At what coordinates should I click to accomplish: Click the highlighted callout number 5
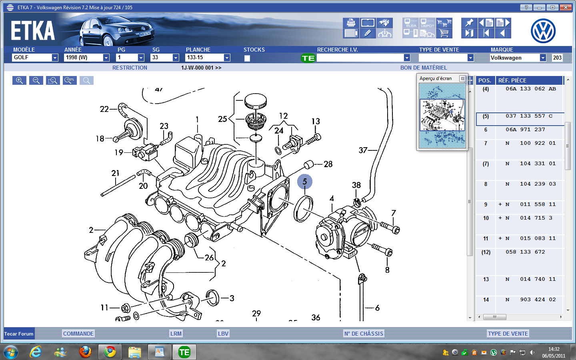point(305,182)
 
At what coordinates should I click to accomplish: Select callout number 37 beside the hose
point(363,150)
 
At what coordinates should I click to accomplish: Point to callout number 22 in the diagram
point(104,109)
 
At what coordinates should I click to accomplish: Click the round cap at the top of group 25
point(255,101)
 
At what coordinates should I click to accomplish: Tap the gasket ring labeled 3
point(213,297)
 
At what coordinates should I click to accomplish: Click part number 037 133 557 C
point(529,116)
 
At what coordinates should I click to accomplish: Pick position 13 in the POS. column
point(486,279)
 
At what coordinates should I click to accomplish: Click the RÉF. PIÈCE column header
point(512,80)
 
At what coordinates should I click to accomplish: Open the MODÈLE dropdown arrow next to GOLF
point(55,58)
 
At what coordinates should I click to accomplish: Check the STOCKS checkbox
point(247,58)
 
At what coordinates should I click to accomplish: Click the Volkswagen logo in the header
point(543,31)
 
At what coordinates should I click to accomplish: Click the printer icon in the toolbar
point(351,23)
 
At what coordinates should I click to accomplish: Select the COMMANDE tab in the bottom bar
point(78,334)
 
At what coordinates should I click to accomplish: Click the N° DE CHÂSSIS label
point(364,334)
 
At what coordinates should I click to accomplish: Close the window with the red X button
point(566,7)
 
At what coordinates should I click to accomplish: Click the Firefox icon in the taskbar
point(85,352)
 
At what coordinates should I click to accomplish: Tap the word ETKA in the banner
point(33,31)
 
